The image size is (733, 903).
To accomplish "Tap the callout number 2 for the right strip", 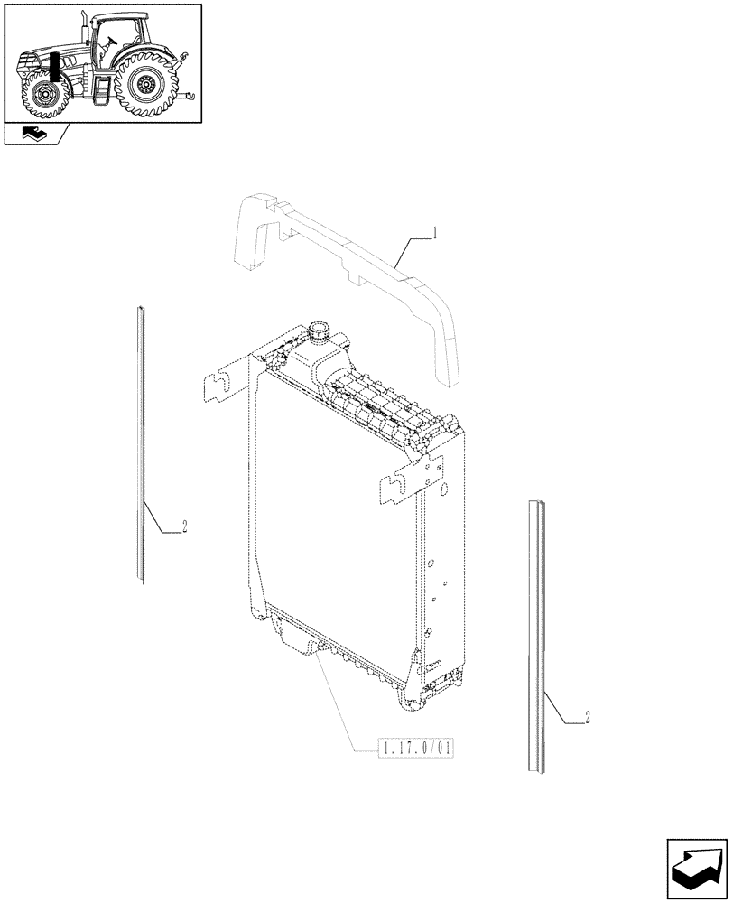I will [588, 718].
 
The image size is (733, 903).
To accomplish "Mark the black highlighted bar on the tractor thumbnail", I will [56, 68].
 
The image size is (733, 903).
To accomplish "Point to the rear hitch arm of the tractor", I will [186, 90].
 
